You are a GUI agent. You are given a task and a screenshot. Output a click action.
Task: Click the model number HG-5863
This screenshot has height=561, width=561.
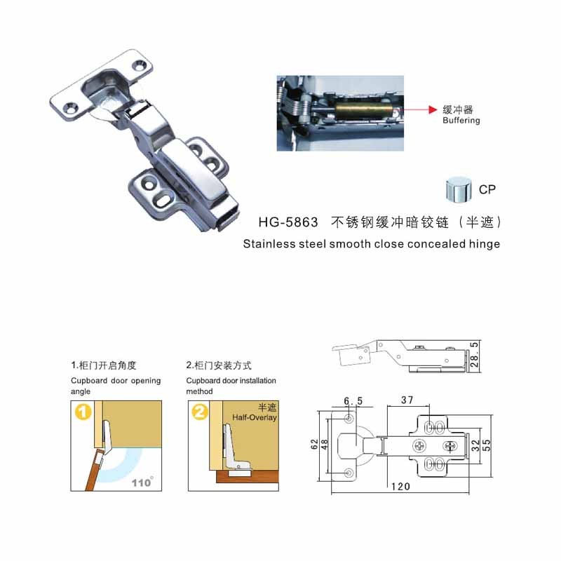click(x=288, y=222)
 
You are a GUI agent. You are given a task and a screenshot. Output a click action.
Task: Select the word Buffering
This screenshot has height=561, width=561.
click(x=461, y=120)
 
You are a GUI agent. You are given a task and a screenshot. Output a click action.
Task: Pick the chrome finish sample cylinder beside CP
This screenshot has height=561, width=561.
click(x=459, y=189)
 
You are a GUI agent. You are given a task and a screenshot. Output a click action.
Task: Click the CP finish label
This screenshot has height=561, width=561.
click(x=487, y=189)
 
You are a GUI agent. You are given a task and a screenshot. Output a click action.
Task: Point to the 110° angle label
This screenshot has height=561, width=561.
click(x=142, y=482)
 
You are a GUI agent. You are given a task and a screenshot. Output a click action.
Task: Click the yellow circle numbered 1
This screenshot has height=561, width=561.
click(x=83, y=412)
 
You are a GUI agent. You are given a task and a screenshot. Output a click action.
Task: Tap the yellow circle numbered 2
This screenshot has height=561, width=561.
click(x=200, y=412)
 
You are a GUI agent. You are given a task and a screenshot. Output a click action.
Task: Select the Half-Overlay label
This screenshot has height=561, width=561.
click(x=255, y=417)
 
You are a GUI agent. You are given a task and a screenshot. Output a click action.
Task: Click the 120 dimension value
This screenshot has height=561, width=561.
click(x=400, y=486)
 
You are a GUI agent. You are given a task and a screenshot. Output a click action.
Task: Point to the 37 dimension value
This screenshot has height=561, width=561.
click(x=407, y=400)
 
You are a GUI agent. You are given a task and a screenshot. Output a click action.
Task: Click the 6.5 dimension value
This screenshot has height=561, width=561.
click(x=353, y=401)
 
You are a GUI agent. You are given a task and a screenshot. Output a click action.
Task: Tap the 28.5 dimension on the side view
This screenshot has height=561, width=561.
click(x=474, y=355)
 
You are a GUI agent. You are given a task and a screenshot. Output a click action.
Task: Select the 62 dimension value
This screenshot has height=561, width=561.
click(x=314, y=445)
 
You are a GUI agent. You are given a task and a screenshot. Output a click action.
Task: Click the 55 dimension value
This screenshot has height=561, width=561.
click(x=487, y=445)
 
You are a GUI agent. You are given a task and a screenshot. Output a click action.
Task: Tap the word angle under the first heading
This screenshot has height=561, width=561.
click(x=81, y=392)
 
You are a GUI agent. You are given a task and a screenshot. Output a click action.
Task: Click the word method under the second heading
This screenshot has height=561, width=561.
click(x=199, y=391)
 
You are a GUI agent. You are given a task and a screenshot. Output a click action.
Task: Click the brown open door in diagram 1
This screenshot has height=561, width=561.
click(x=95, y=471)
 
